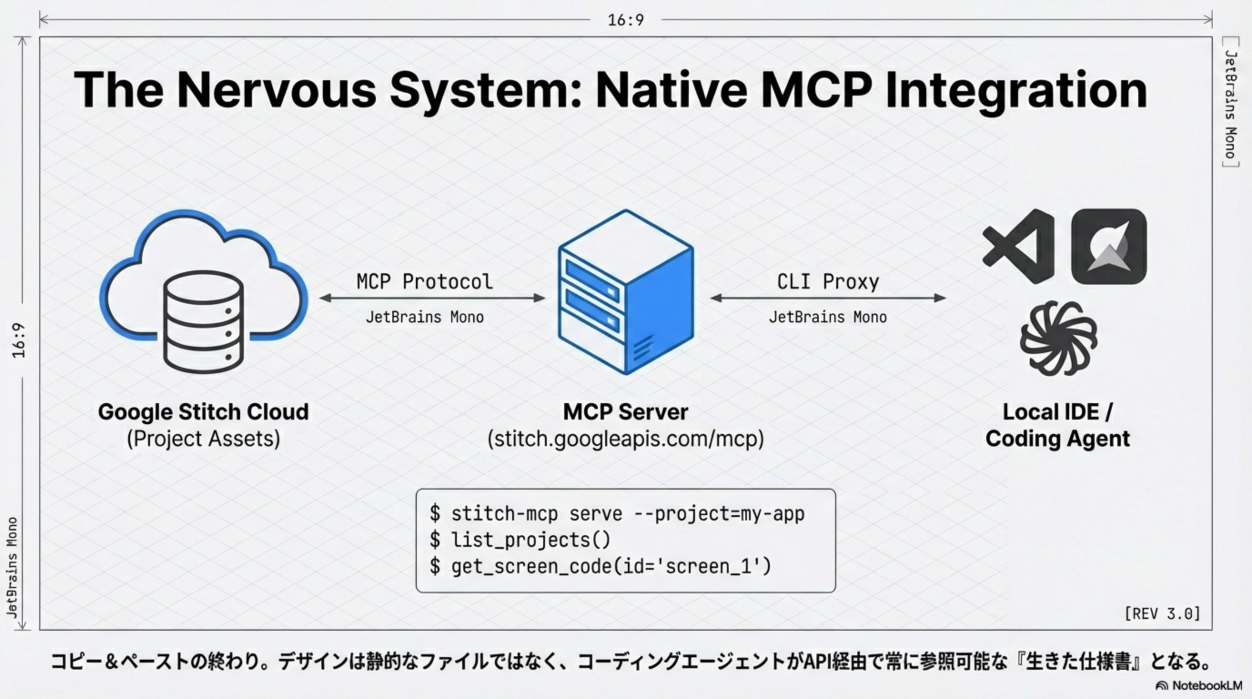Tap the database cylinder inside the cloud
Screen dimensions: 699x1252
click(203, 322)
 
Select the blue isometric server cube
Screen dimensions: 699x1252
click(626, 292)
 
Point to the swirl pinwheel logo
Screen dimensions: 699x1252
click(1058, 338)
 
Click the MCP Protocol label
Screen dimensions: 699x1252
click(424, 281)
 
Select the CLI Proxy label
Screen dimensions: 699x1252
click(828, 281)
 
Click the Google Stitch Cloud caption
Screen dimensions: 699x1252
click(203, 412)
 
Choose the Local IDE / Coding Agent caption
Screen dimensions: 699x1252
click(1058, 425)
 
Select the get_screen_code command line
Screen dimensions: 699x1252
click(611, 566)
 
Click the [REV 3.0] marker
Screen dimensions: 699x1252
click(1162, 613)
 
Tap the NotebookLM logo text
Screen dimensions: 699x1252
click(1207, 685)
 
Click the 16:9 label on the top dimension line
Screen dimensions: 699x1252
click(626, 20)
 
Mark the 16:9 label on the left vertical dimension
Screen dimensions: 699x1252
click(19, 340)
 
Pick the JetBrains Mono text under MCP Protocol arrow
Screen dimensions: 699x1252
click(424, 318)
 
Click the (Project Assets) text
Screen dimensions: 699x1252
click(203, 438)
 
